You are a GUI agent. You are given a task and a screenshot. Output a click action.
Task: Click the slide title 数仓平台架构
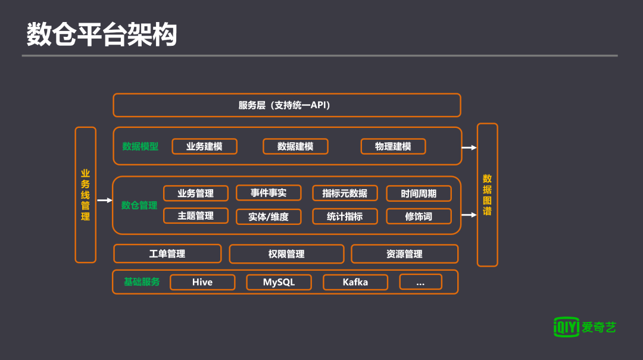click(102, 35)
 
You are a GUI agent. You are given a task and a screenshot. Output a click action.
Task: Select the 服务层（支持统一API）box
click(286, 105)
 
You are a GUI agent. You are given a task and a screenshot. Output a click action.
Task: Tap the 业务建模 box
click(204, 146)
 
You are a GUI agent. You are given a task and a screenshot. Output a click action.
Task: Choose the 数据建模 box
click(295, 146)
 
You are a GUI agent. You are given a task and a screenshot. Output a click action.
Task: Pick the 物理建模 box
click(393, 146)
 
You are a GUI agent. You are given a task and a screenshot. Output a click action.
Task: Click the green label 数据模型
click(141, 146)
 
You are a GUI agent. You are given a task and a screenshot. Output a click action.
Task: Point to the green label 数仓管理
click(139, 205)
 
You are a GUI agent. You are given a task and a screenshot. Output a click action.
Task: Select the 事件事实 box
click(269, 193)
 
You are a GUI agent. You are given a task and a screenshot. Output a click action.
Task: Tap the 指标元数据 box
click(345, 193)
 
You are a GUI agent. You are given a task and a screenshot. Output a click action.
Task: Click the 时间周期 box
click(419, 193)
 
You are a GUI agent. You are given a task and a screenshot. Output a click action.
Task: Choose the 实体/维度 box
click(269, 217)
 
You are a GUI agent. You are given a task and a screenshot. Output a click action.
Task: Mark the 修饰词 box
click(419, 217)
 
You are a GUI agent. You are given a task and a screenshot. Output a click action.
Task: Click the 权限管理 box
click(286, 254)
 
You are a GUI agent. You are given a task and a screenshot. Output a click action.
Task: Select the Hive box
click(202, 282)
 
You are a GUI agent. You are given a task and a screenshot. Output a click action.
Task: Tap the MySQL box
click(279, 282)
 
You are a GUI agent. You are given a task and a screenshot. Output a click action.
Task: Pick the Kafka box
click(355, 282)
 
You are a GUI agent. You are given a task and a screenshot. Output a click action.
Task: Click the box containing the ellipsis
click(420, 282)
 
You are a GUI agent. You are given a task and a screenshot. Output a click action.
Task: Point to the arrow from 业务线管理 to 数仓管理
click(104, 201)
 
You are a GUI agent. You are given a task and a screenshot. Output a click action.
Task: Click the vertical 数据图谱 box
click(487, 195)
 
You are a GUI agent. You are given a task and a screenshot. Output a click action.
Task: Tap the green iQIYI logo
click(566, 327)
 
